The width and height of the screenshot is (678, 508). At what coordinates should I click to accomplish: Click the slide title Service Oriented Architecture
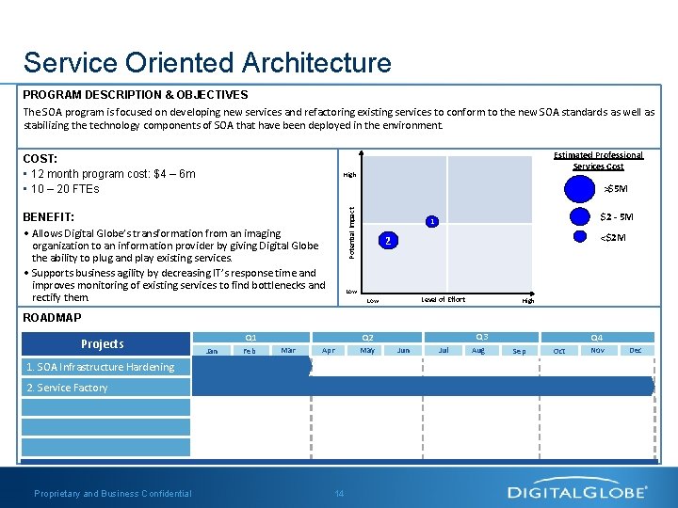(207, 63)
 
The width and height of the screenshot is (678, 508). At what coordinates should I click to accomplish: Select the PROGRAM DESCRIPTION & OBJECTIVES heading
(136, 95)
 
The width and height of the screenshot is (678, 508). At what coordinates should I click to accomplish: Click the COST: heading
(40, 160)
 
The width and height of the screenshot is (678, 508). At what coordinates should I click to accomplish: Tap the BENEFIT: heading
(48, 217)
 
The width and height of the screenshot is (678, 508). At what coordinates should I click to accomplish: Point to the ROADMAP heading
(52, 318)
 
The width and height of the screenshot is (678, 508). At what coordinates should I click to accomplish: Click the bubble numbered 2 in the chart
(384, 241)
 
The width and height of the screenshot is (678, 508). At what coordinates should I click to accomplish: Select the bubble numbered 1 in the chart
(430, 222)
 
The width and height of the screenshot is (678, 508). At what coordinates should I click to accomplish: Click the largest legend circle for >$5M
(582, 188)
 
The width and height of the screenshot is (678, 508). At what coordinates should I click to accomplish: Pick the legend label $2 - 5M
(617, 217)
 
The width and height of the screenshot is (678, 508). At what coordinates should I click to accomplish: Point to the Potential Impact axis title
(352, 234)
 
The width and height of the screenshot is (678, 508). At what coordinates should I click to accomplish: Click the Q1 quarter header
(250, 337)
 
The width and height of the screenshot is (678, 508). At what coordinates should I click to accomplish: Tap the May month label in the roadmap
(367, 351)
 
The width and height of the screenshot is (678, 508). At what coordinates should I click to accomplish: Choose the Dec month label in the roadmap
(636, 351)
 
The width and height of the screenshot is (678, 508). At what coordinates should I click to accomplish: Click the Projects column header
(102, 344)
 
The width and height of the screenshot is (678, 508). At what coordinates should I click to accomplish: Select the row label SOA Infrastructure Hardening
(100, 367)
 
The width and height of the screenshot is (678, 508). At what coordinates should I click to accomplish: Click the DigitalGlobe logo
(577, 491)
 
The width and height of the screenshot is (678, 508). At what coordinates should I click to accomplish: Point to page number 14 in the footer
(339, 494)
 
